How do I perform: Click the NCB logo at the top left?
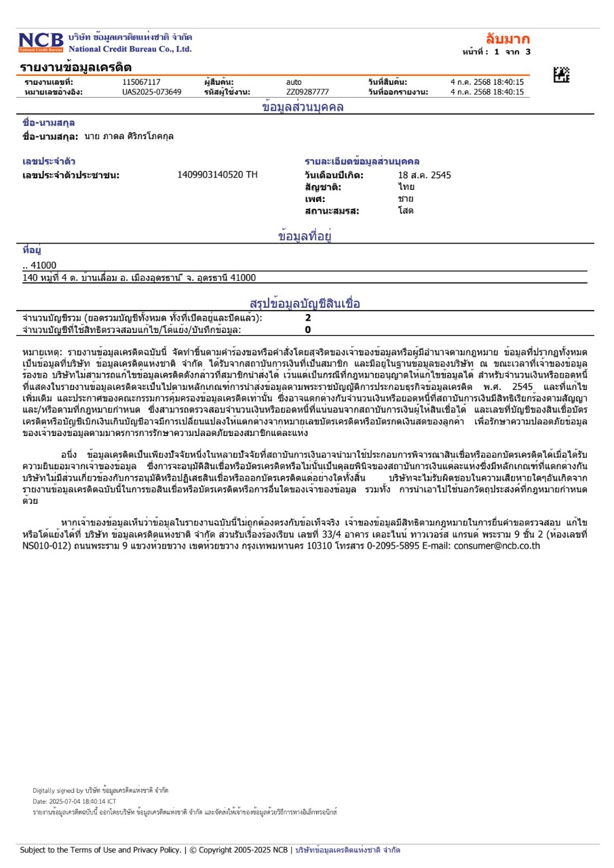pyautogui.click(x=41, y=42)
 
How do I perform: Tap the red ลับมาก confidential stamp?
pyautogui.click(x=507, y=38)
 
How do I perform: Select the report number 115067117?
pyautogui.click(x=141, y=82)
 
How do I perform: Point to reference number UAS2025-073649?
pyautogui.click(x=152, y=92)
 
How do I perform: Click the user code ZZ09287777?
pyautogui.click(x=307, y=92)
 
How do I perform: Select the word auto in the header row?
pyautogui.click(x=294, y=82)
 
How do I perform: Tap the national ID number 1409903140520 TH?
pyautogui.click(x=217, y=175)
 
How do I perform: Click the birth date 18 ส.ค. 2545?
pyautogui.click(x=424, y=175)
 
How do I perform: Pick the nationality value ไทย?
pyautogui.click(x=406, y=186)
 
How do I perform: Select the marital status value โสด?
pyautogui.click(x=406, y=210)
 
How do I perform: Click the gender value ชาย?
pyautogui.click(x=406, y=199)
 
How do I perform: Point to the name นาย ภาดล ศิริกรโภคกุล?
pyautogui.click(x=129, y=136)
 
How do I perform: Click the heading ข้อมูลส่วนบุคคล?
pyautogui.click(x=303, y=107)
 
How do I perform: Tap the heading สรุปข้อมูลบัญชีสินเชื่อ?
pyautogui.click(x=305, y=303)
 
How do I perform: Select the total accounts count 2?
pyautogui.click(x=308, y=317)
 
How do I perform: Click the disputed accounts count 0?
pyautogui.click(x=308, y=330)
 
